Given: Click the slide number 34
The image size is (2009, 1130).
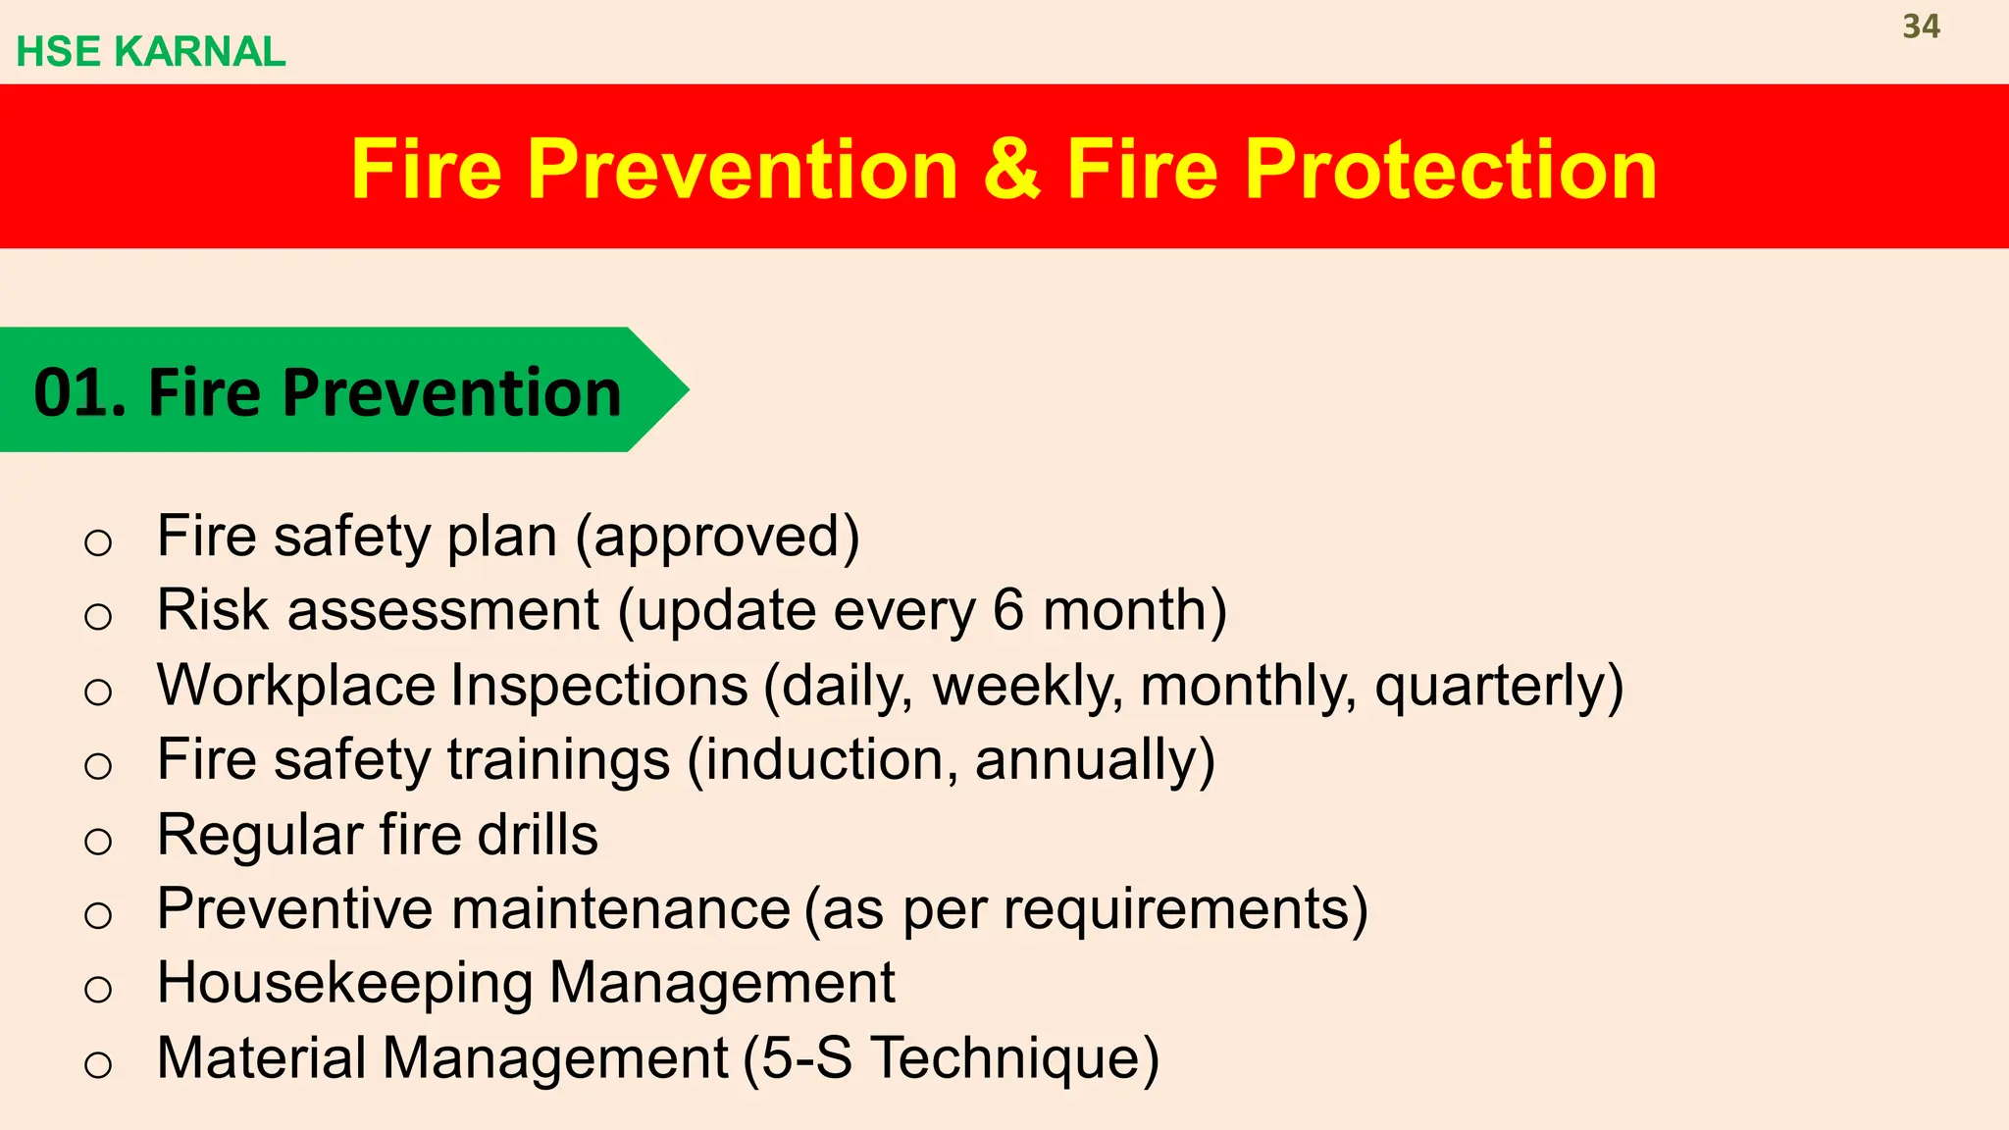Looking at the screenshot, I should point(1921,26).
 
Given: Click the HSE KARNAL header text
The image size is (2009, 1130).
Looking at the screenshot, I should point(150,52).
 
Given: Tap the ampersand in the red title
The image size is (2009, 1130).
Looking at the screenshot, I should point(1010,169).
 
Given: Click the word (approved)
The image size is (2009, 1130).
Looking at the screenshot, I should point(717,537).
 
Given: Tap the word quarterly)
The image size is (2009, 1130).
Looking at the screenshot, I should point(1498,686).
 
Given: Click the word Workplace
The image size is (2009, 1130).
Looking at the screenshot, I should point(295,686).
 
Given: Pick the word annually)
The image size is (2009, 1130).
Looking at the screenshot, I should point(1095,760).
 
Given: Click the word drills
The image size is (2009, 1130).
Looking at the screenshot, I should point(538,835).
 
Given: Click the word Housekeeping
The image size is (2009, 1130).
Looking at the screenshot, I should point(344,983).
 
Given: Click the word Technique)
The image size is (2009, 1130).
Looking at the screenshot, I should point(1015,1058).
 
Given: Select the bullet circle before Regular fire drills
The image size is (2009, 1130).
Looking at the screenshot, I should point(98,841).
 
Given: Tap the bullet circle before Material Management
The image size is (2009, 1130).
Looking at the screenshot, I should point(98,1064).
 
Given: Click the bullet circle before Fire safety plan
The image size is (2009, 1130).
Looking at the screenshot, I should point(98,542).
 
